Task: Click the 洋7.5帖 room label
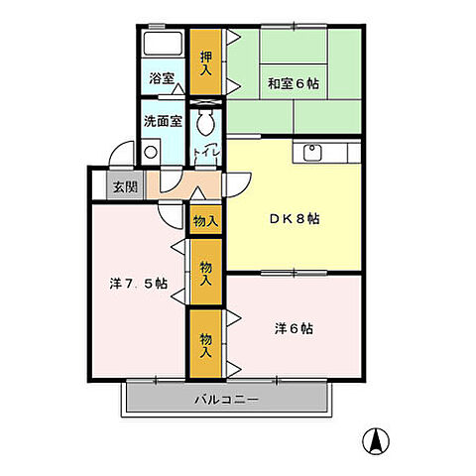click(138, 285)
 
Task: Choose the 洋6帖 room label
click(294, 328)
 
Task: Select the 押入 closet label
click(204, 63)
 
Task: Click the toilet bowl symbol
click(205, 122)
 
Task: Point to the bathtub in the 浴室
click(161, 46)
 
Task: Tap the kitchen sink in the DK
click(313, 153)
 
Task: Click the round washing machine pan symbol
click(151, 153)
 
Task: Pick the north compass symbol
click(381, 437)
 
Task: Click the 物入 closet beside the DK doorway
click(204, 219)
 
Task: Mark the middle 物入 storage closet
click(204, 271)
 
